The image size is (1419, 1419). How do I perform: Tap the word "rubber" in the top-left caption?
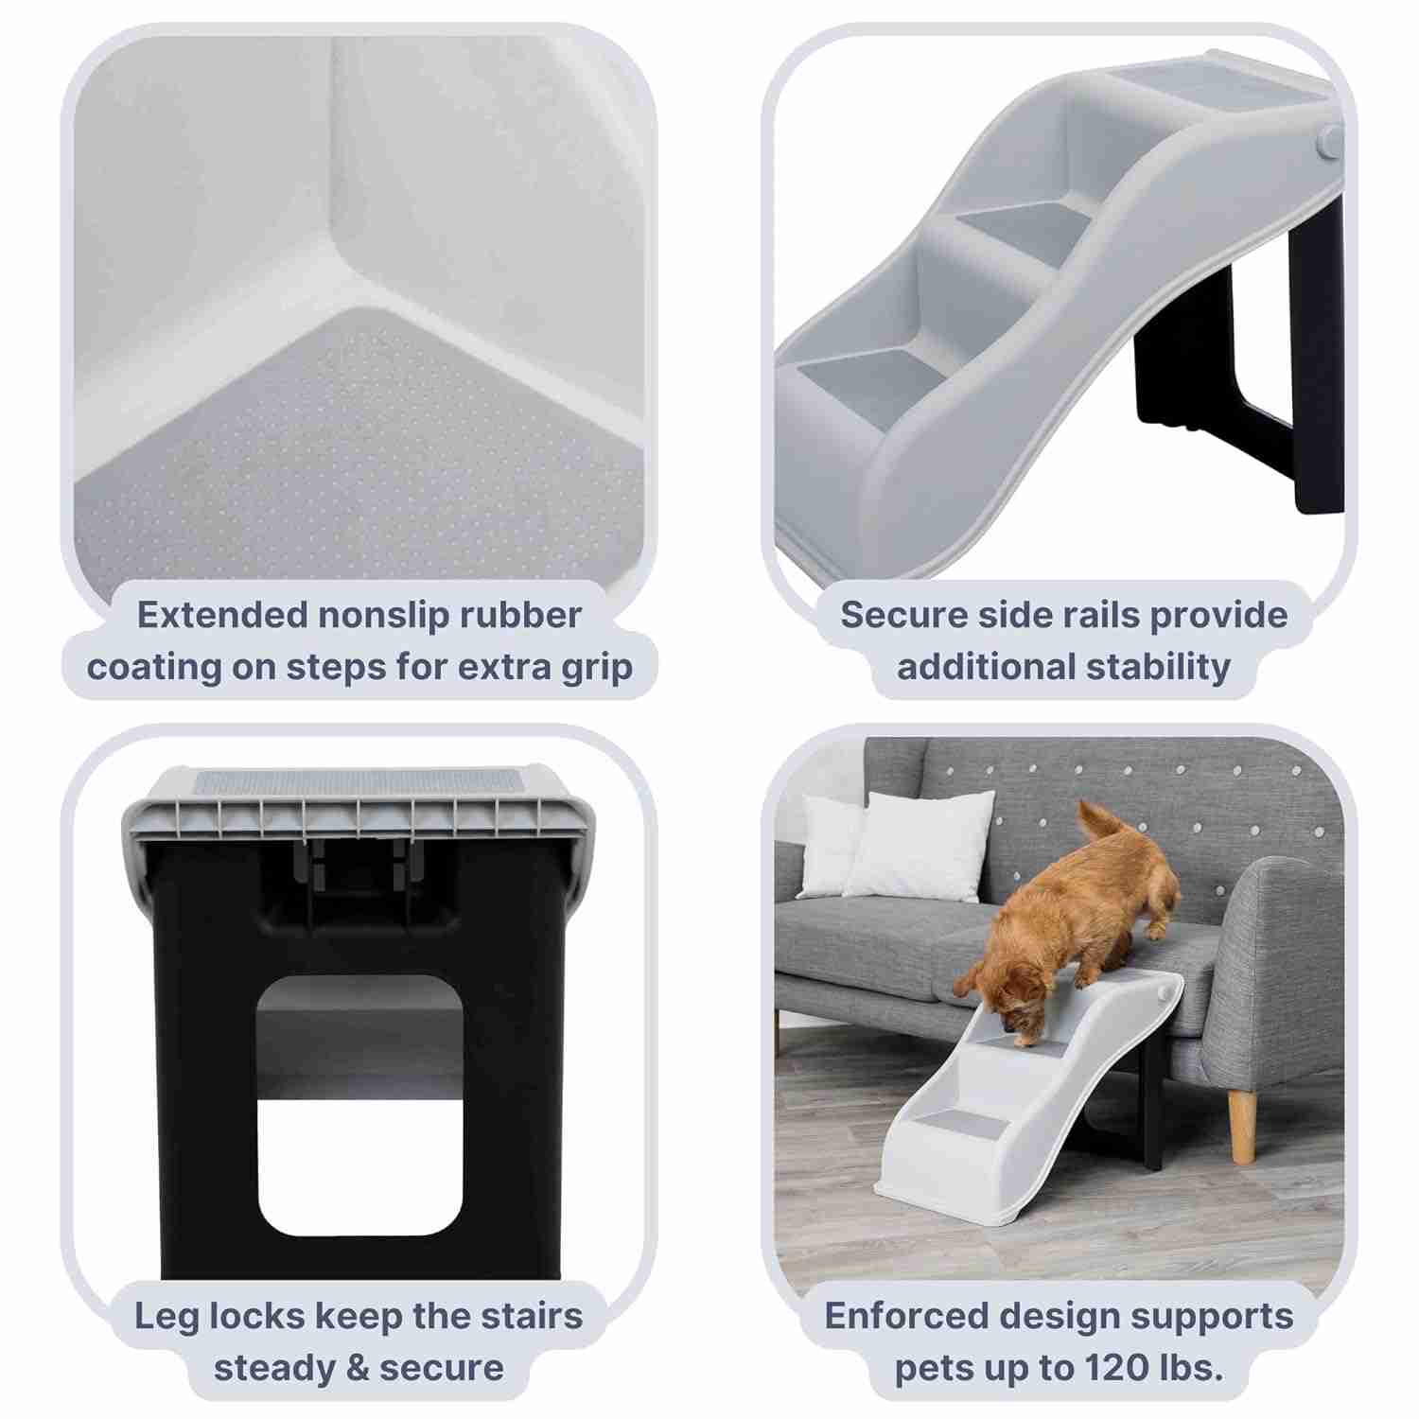520,616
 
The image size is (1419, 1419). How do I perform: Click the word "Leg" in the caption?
166,1316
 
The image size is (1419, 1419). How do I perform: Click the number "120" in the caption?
1099,1368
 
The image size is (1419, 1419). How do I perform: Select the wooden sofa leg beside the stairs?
1242,1126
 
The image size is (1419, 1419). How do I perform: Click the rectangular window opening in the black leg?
359,1107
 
